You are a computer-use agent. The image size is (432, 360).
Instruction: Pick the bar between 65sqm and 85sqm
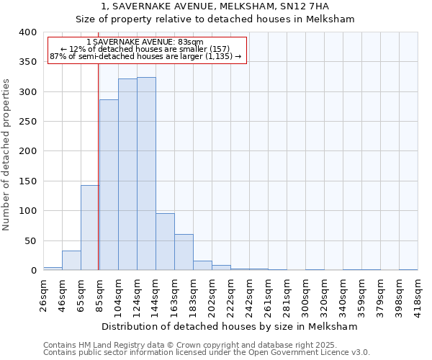90,228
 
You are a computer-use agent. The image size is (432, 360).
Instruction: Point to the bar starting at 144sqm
165,242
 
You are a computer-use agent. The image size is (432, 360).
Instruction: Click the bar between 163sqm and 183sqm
184,252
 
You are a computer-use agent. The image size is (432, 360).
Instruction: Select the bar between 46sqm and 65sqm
71,261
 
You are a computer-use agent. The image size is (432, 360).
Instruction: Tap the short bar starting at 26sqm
53,269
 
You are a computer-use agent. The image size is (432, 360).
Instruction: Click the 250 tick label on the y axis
27,122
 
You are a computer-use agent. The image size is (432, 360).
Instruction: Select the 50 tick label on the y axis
30,241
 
